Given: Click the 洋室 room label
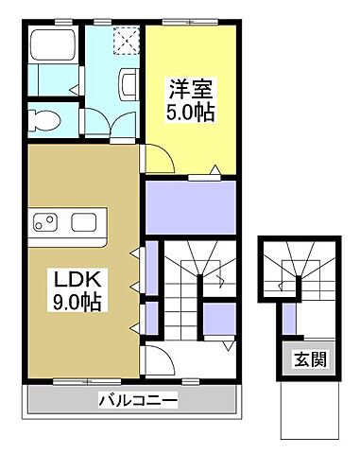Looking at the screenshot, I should point(189,90).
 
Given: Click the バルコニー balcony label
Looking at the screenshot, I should point(137,401).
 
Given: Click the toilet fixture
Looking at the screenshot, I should point(43,120).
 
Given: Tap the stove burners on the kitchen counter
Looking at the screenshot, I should point(43,223).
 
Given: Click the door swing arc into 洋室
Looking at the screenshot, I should point(161,159).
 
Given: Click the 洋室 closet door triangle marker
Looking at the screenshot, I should point(215,170).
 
